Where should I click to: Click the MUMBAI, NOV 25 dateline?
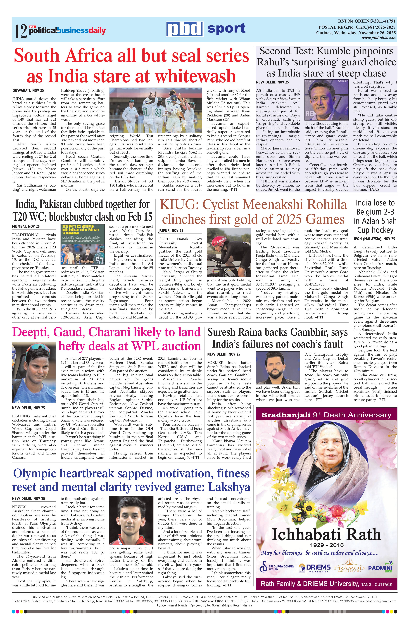point(26,226)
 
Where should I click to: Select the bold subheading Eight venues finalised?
point(131,255)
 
